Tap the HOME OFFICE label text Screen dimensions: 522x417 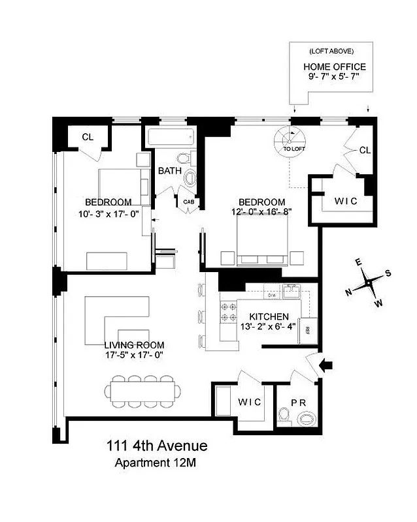point(334,67)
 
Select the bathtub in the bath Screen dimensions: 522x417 point(169,137)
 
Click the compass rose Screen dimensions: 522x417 point(369,283)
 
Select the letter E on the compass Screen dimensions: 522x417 point(358,262)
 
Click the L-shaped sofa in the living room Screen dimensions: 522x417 point(116,319)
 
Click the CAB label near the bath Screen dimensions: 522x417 point(188,202)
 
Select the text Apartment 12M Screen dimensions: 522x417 point(156,464)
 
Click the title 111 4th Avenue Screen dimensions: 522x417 point(157,446)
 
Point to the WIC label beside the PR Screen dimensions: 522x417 point(249,402)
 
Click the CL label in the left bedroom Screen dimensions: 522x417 point(87,137)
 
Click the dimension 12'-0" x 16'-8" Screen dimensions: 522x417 point(261,211)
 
